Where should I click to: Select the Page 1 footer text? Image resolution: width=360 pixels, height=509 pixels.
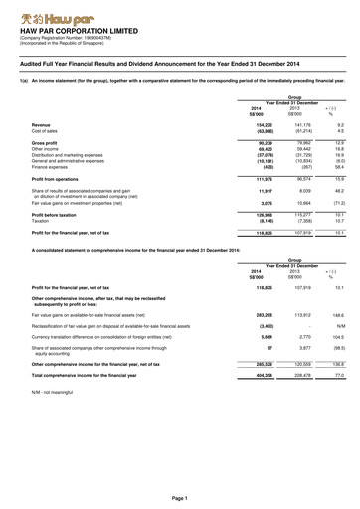tap(180, 496)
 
